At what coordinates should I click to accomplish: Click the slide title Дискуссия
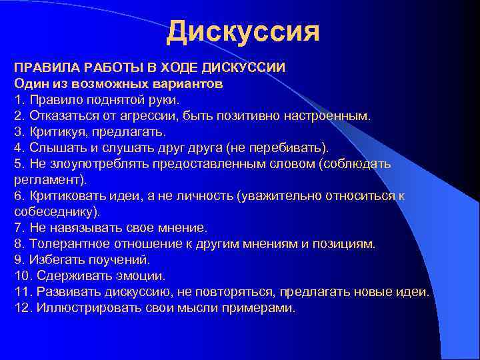pos(243,31)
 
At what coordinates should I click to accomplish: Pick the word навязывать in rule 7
pos(77,228)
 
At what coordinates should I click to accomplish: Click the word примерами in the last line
pos(264,308)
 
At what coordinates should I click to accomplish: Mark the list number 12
pos(22,308)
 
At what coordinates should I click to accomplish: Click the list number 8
pos(18,244)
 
